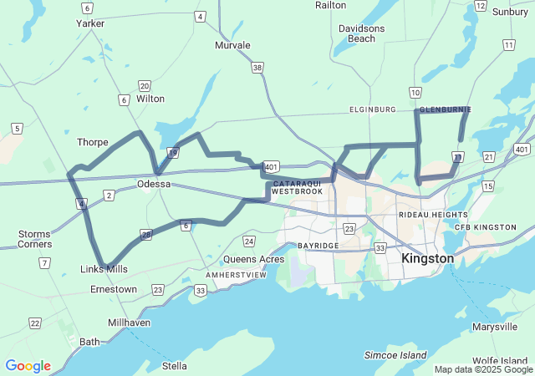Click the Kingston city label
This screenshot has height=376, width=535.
[x=427, y=259]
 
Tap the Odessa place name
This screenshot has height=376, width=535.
[x=154, y=184]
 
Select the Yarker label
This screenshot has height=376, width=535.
[x=90, y=23]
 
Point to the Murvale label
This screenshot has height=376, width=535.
[x=232, y=45]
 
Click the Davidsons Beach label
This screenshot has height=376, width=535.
[x=361, y=33]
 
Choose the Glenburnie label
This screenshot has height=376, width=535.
[x=445, y=109]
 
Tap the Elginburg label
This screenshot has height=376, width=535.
[x=372, y=109]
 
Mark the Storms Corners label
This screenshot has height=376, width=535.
[x=34, y=239]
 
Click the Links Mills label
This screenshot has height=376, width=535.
[x=104, y=269]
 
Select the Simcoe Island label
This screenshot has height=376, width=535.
[x=395, y=355]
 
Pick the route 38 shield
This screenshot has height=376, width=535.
[x=257, y=67]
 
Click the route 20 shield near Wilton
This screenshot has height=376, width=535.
[x=145, y=86]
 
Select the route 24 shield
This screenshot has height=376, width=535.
[x=249, y=241]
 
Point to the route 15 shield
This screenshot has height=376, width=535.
[x=487, y=185]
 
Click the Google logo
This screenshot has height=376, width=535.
[x=28, y=366]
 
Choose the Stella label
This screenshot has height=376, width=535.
[x=175, y=366]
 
